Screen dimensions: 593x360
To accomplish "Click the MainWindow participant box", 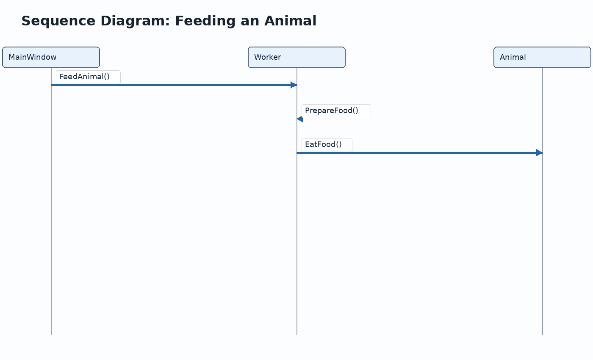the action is click(x=51, y=58).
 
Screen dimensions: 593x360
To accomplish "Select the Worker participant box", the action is click(x=297, y=58).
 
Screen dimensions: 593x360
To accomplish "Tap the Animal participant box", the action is click(x=543, y=58).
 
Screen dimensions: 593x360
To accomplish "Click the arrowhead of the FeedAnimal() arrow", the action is click(x=294, y=85).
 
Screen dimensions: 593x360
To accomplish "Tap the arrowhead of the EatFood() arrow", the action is click(x=540, y=153).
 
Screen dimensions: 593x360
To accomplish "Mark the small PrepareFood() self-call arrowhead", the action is click(x=300, y=119).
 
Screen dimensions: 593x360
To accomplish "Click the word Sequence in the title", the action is click(x=58, y=21).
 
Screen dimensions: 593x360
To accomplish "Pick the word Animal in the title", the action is click(x=291, y=21).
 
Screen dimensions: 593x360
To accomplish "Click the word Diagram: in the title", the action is click(x=135, y=21).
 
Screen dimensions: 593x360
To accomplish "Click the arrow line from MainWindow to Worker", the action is click(x=174, y=85).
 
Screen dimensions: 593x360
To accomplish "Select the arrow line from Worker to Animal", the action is click(x=420, y=153).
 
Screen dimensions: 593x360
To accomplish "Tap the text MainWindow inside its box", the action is click(x=33, y=57).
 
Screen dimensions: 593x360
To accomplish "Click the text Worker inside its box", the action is click(x=268, y=57).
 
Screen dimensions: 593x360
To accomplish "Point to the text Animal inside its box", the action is click(x=513, y=57).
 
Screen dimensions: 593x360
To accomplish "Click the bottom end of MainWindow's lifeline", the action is click(x=51, y=335).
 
